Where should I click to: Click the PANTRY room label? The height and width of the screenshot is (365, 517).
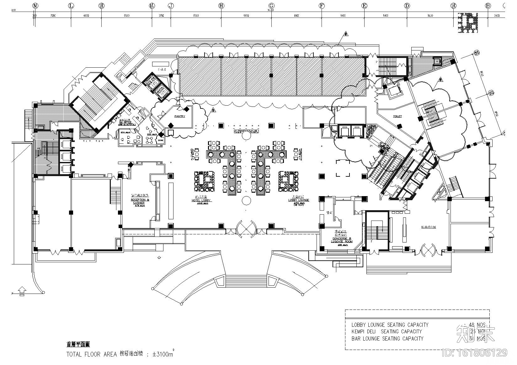click(x=180, y=116)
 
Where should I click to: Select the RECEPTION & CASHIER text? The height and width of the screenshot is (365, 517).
click(x=138, y=201)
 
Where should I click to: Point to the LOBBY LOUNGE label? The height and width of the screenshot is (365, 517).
click(x=299, y=200)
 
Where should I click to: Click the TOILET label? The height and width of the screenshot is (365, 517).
click(x=397, y=116)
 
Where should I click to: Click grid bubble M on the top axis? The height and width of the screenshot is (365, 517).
click(x=35, y=6)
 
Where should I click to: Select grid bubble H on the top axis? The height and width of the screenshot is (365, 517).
click(x=221, y=6)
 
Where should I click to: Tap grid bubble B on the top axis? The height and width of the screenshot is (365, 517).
click(x=488, y=6)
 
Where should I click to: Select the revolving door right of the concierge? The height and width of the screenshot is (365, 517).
click(x=428, y=250)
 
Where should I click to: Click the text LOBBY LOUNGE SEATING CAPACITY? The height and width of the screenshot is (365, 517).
click(x=390, y=325)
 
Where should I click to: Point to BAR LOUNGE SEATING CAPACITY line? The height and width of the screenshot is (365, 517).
click(x=387, y=339)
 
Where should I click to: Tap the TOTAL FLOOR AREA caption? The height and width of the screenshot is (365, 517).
click(x=83, y=354)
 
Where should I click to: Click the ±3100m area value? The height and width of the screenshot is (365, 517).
click(x=163, y=354)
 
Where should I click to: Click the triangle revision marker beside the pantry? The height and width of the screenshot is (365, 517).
click(x=213, y=110)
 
